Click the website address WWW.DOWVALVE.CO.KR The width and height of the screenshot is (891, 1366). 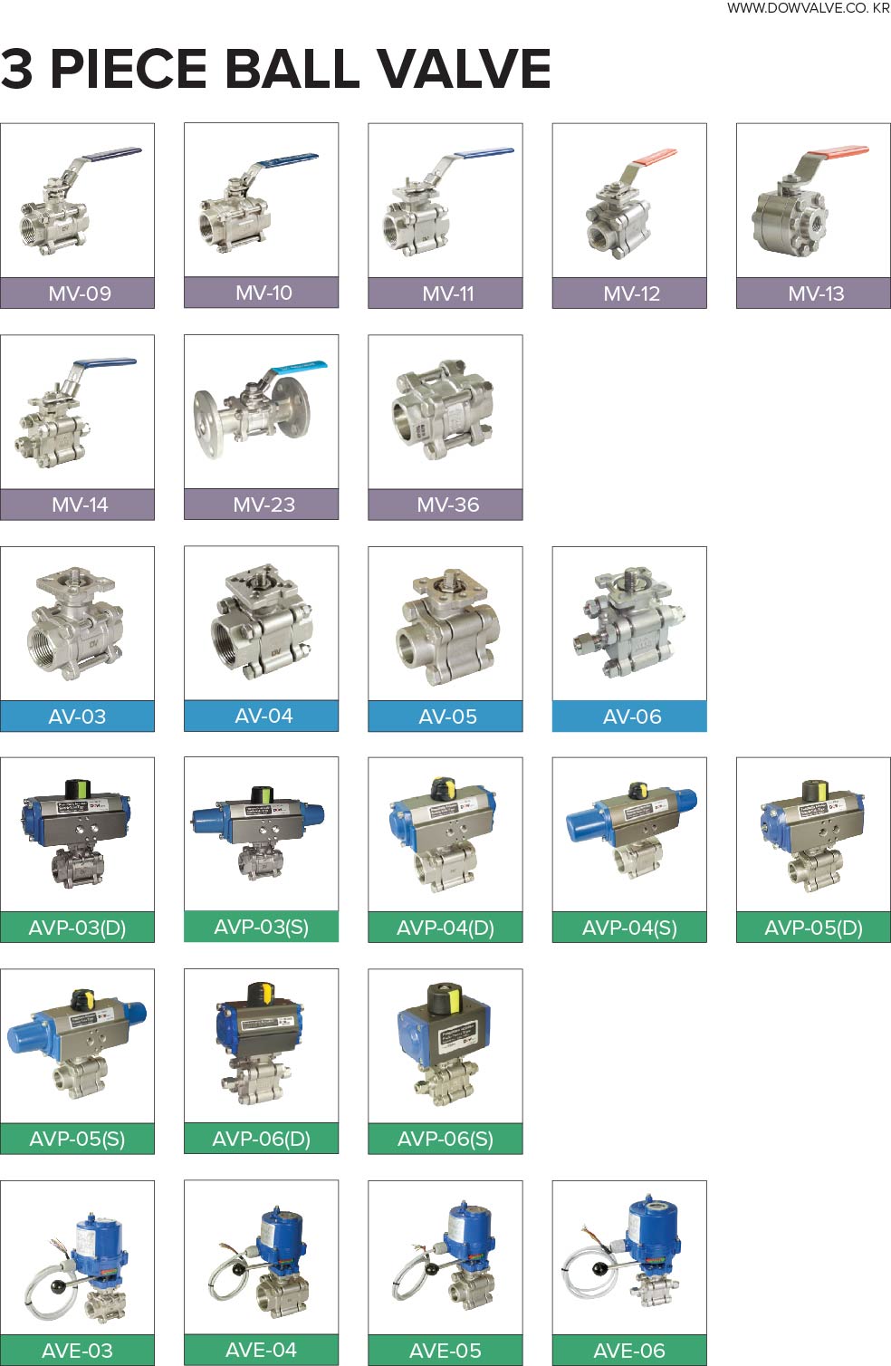[x=809, y=8]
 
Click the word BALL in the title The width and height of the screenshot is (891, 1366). [x=292, y=68]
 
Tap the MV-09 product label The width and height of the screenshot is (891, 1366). [x=80, y=293]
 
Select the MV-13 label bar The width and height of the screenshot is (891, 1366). [x=814, y=293]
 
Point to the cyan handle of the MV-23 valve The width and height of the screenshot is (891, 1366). [x=299, y=367]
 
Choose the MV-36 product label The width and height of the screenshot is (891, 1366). [x=448, y=505]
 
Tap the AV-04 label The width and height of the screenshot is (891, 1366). [x=263, y=716]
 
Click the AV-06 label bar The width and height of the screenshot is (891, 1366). [x=629, y=716]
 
